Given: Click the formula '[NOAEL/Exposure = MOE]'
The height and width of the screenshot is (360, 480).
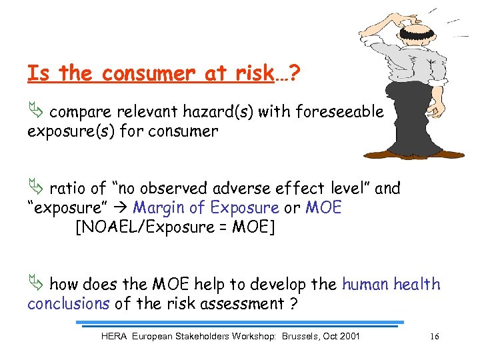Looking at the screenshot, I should pyautogui.click(x=175, y=227).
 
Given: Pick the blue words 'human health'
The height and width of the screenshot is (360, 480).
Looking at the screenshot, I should pyautogui.click(x=391, y=285).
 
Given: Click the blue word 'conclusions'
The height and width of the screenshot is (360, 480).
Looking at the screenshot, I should pyautogui.click(x=68, y=304).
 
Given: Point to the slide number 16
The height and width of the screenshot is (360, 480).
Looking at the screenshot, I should pyautogui.click(x=434, y=337).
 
